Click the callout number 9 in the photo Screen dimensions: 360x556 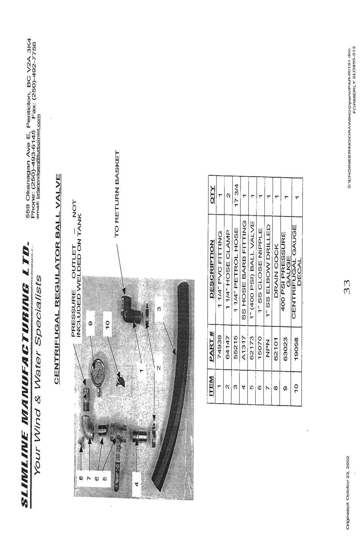[x=91, y=324]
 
